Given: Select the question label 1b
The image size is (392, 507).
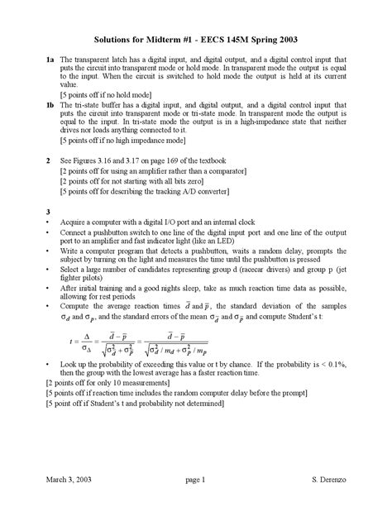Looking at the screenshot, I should click(x=51, y=106).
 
